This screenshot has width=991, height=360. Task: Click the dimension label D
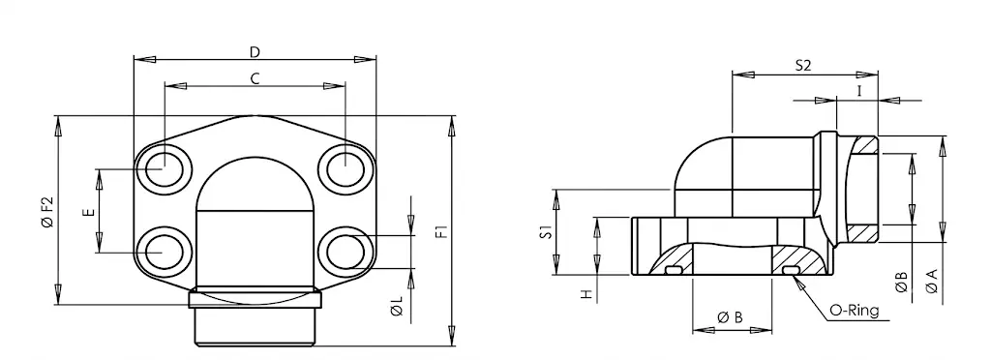tap(255, 51)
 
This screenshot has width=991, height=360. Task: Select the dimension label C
tap(255, 78)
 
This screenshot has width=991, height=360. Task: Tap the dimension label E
tap(89, 212)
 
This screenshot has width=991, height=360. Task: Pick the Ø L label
tap(397, 307)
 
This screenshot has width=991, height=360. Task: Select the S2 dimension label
tap(802, 66)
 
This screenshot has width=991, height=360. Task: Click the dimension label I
tap(859, 91)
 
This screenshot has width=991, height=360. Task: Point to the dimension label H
tap(587, 293)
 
